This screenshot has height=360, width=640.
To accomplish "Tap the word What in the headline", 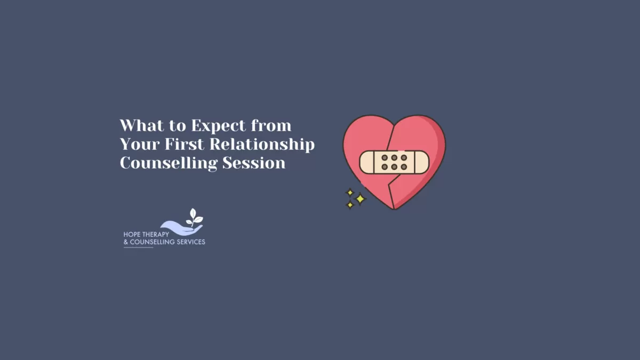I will (139, 126).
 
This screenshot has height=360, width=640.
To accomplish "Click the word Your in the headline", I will (136, 145).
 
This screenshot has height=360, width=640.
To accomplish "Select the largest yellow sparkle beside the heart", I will (360, 199).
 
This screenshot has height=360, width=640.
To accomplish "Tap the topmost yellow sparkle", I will (350, 192).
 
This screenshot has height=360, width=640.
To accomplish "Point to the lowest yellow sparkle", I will (350, 205).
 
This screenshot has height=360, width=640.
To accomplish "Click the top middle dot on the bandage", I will (394, 158).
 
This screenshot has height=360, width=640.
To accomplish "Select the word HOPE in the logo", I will (132, 234).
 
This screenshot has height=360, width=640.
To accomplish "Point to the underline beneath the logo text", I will (138, 247).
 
